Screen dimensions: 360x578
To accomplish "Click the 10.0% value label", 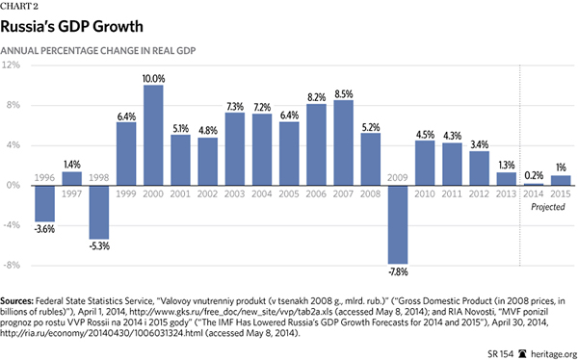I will click(x=152, y=78).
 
